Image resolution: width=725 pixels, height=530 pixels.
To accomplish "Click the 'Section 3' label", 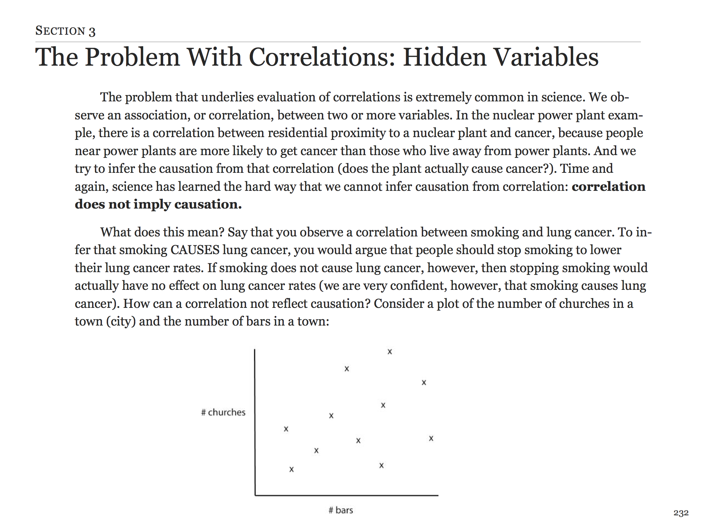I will [65, 31].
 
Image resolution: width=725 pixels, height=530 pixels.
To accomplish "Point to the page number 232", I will [681, 513].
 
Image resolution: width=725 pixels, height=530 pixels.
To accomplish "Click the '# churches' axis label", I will [223, 412].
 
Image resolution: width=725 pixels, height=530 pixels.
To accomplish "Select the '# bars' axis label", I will [341, 510].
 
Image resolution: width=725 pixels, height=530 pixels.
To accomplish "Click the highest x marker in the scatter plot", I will [390, 352].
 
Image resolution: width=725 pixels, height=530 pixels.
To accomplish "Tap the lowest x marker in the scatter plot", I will [291, 469].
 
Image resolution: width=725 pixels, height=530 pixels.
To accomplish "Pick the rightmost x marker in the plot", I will [431, 438].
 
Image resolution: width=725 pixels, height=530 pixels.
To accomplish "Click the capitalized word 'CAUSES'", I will [195, 250].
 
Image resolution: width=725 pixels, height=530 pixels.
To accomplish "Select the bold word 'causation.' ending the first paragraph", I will [208, 204].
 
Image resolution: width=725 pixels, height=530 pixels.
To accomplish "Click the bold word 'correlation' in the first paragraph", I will [608, 186].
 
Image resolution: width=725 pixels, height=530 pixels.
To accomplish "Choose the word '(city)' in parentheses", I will [121, 321].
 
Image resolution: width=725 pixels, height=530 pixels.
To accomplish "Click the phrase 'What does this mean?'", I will [162, 232].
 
